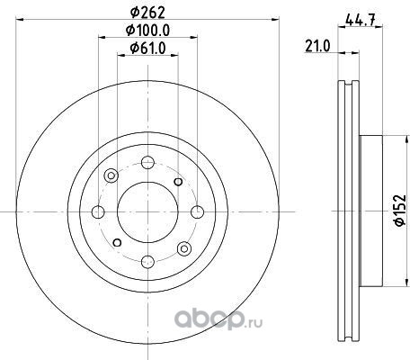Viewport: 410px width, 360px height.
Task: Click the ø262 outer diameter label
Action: (x=147, y=13)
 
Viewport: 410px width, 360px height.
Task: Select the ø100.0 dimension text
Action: (x=147, y=30)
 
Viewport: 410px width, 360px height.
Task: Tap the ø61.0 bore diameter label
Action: (x=147, y=48)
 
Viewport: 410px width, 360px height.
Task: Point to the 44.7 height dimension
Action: (x=360, y=20)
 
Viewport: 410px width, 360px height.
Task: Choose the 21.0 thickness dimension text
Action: (x=317, y=47)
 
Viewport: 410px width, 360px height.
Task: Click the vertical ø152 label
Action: (x=400, y=210)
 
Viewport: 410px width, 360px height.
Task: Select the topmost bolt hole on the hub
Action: (x=147, y=163)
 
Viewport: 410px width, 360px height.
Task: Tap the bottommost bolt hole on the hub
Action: (x=147, y=262)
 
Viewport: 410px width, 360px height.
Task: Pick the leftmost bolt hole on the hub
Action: (x=98, y=212)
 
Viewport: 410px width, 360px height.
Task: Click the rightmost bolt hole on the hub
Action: (x=198, y=212)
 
